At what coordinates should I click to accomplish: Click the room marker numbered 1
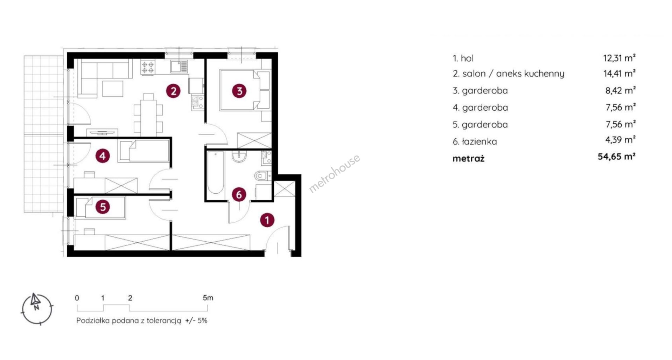tap(267, 220)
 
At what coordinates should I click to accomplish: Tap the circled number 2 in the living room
tap(173, 91)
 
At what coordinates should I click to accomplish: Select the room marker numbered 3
tap(239, 91)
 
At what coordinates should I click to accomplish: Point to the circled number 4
tap(103, 156)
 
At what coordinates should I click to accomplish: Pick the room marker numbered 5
tap(103, 207)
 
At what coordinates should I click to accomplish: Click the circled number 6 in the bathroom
tap(239, 194)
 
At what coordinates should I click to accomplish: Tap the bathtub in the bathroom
tap(215, 172)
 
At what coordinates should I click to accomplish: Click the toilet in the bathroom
tap(263, 175)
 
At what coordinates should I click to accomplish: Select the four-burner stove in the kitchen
tap(147, 67)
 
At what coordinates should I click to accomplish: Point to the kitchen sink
tap(179, 67)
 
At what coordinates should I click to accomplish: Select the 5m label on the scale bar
tap(208, 298)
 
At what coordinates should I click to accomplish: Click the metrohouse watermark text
tap(334, 174)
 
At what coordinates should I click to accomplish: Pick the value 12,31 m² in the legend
tap(619, 58)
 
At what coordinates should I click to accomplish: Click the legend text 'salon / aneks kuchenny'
tap(513, 74)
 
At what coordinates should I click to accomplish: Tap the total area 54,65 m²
tap(617, 156)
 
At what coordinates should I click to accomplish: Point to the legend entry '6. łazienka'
tap(475, 141)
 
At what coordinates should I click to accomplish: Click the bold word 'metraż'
tap(468, 158)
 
